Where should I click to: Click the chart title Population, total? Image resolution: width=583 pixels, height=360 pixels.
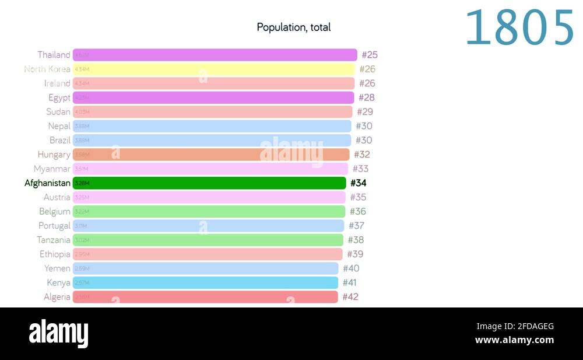(x=293, y=27)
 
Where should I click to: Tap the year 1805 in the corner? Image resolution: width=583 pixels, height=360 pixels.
(x=519, y=28)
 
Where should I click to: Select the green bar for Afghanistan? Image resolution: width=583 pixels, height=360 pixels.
(x=210, y=183)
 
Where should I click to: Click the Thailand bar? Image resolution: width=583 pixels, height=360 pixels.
(x=215, y=55)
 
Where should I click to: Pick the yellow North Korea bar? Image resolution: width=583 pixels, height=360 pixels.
(x=214, y=69)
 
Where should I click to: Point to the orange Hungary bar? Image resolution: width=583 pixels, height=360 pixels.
(x=211, y=155)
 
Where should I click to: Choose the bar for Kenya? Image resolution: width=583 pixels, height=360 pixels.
(x=205, y=283)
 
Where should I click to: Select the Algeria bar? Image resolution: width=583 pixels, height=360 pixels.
(x=205, y=297)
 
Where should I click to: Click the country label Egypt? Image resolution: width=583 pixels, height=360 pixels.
(x=59, y=97)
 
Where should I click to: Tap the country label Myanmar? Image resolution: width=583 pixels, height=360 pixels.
(x=52, y=169)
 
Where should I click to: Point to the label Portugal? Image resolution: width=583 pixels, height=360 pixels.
(x=54, y=226)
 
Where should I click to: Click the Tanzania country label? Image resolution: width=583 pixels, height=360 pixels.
(x=54, y=240)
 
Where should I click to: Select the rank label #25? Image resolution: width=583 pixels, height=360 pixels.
(x=370, y=55)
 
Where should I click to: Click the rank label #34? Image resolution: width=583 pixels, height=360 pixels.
(x=359, y=183)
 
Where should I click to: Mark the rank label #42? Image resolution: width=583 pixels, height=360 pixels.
(x=350, y=297)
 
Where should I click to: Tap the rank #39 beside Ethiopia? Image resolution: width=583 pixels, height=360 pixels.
(x=355, y=254)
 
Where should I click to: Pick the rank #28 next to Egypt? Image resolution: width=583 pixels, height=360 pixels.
(x=367, y=97)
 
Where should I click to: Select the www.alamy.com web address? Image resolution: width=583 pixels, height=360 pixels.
(x=514, y=340)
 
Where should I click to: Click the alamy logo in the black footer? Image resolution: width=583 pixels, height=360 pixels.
(x=59, y=333)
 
